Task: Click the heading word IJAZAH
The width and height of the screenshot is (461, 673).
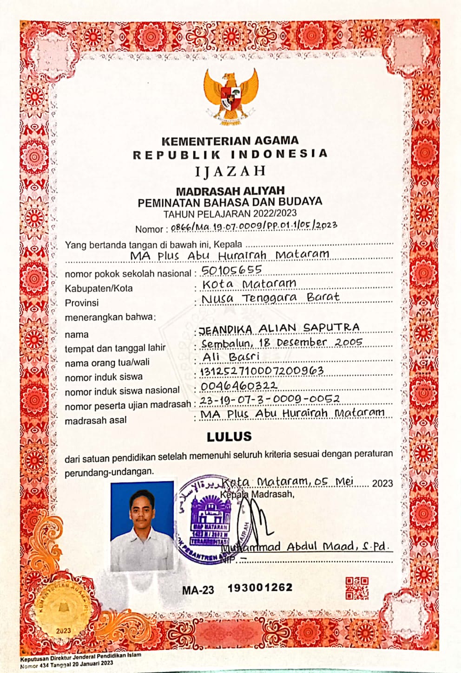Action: click(x=230, y=171)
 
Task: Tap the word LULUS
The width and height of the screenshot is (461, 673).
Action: click(x=229, y=437)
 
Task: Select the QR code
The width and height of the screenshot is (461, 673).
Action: click(x=357, y=588)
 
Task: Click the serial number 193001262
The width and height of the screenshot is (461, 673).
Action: click(x=260, y=588)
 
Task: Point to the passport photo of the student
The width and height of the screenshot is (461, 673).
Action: click(x=142, y=525)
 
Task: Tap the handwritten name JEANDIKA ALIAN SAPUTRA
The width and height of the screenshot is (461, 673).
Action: click(x=279, y=328)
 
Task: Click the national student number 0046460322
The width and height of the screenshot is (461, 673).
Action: click(x=239, y=386)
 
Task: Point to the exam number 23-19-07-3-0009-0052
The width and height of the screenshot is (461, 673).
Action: click(x=270, y=399)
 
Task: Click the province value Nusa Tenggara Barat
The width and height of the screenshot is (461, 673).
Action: click(x=270, y=298)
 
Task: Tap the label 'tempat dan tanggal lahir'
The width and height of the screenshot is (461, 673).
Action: click(x=115, y=348)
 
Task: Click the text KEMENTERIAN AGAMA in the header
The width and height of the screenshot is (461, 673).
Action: click(x=230, y=141)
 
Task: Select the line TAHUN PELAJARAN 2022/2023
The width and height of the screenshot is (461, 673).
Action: click(x=230, y=214)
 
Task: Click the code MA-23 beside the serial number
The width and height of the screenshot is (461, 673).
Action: click(x=198, y=590)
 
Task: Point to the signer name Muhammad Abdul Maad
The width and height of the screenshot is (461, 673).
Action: click(x=304, y=546)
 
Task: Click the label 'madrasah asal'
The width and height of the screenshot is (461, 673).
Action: click(x=95, y=421)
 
